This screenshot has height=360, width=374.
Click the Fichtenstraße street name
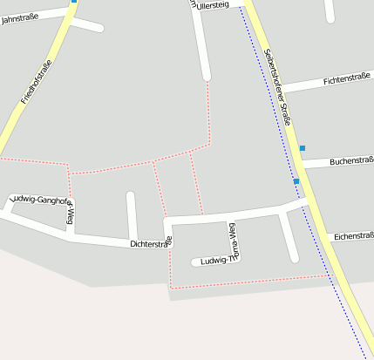tap(346, 79)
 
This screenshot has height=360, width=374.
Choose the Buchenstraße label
tap(350, 160)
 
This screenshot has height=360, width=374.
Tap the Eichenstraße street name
tap(353, 235)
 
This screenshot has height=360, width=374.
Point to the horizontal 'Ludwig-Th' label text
tap(214, 261)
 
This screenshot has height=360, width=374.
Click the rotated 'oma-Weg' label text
tap(233, 237)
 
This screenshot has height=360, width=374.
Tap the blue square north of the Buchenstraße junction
tap(303, 148)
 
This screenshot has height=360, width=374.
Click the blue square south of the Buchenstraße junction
tap(296, 181)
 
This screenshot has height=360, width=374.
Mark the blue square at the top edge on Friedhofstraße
tap(74, 2)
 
